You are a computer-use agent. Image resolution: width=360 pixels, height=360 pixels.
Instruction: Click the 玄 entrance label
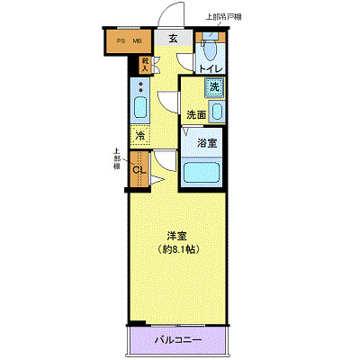pos(172,40)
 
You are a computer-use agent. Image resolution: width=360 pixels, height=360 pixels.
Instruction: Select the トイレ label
pos(211,67)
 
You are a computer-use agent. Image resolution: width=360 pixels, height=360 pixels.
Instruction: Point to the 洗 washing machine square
pos(215,87)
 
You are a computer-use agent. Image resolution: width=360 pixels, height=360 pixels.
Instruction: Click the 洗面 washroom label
pos(196,114)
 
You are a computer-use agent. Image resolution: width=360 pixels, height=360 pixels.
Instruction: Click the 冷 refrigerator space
pos(139,136)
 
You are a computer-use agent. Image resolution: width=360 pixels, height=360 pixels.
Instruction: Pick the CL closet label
pos(139,170)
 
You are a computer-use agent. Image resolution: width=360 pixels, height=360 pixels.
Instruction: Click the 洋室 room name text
pos(176,237)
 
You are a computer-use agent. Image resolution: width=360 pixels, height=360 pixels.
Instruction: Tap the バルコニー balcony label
pos(176,340)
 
